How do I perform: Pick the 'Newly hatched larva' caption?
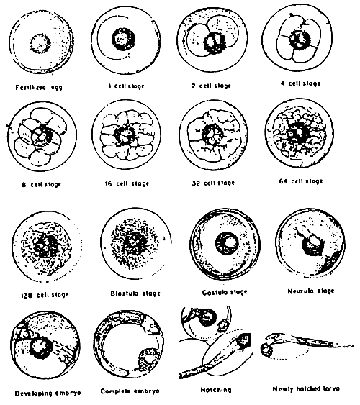[x=302, y=389]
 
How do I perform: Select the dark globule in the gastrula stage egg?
[x=230, y=242]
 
